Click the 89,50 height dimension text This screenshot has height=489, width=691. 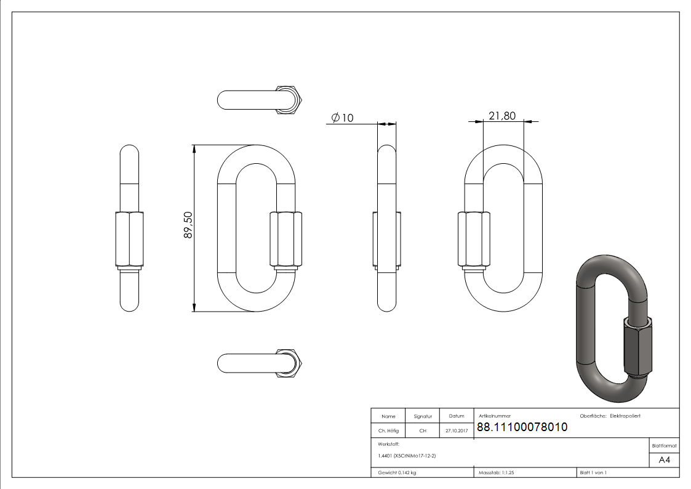pyautogui.click(x=188, y=226)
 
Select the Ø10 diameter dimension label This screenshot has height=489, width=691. pyautogui.click(x=342, y=118)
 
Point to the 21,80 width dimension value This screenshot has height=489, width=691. pyautogui.click(x=502, y=115)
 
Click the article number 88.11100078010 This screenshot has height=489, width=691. pyautogui.click(x=522, y=427)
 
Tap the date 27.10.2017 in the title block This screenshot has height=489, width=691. pyautogui.click(x=457, y=431)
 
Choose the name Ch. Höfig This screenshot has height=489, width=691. pyautogui.click(x=388, y=431)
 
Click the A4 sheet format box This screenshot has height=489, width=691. pyautogui.click(x=665, y=460)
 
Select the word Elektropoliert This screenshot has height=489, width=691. pyautogui.click(x=625, y=416)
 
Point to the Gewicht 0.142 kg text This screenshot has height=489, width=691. pyautogui.click(x=397, y=472)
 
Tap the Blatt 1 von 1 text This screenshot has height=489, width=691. pyautogui.click(x=593, y=472)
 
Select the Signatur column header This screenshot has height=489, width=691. pyautogui.click(x=423, y=416)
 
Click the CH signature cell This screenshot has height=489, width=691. pyautogui.click(x=423, y=431)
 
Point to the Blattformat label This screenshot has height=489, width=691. pyautogui.click(x=665, y=445)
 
